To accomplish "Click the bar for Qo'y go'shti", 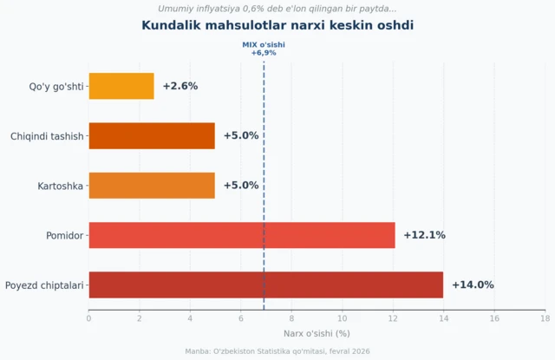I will [x=121, y=86].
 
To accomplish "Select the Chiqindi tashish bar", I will [x=152, y=135].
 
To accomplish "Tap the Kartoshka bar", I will [x=152, y=186].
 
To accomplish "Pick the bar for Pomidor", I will [x=241, y=235].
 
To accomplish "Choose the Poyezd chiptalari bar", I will [x=265, y=285].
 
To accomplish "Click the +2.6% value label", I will [x=180, y=86].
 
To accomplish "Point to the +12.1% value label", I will [x=424, y=235].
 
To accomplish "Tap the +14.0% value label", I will [x=472, y=285].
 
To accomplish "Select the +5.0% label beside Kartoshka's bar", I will [x=241, y=186].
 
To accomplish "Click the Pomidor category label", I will [x=64, y=235].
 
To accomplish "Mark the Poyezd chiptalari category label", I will [x=44, y=285].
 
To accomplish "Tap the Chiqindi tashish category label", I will [x=47, y=136].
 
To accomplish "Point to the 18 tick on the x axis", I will [x=545, y=318].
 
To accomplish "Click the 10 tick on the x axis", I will [x=342, y=318].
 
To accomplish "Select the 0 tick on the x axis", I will [x=88, y=318].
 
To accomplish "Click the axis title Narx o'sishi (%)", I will [x=317, y=333].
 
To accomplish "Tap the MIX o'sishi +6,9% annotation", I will [x=264, y=49].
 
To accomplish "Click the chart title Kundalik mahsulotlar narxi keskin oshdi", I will [x=277, y=26].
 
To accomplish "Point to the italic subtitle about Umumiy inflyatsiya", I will [x=277, y=9].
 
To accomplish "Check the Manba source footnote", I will [x=277, y=350].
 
